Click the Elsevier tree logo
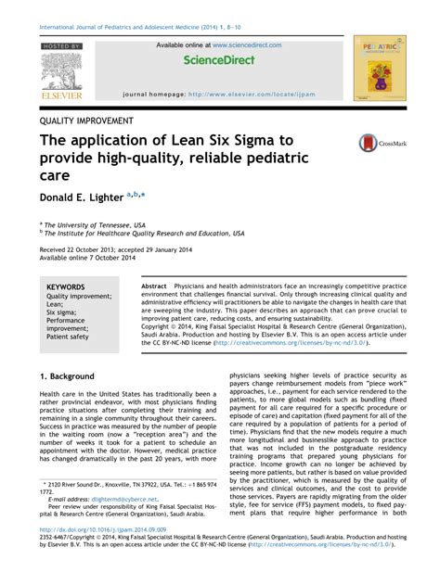tap(61, 72)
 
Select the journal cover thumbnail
tap(380, 70)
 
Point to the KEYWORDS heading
tap(66, 287)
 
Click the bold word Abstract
tap(154, 287)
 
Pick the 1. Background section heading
tap(67, 376)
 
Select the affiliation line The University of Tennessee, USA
tap(96, 224)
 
